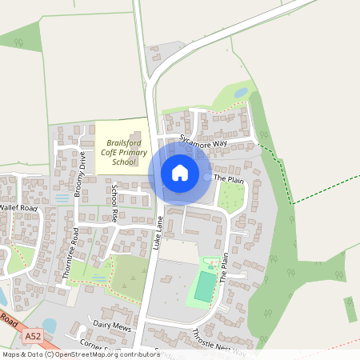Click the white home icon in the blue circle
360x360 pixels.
pos(180,172)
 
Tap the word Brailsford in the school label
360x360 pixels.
pos(122,143)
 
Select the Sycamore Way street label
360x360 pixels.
pos(204,142)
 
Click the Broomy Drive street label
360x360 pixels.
pos(81,168)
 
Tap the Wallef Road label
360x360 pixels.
pos(18,208)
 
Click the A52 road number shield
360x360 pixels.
pos(33,336)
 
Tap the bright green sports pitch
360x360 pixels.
pos(205,286)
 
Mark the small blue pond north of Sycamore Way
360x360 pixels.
pos(240,94)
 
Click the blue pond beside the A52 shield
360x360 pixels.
pos(50,326)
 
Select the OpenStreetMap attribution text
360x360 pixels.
pos(80,354)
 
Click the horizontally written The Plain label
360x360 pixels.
pos(230,181)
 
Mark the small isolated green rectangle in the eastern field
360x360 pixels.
pos(350,309)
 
